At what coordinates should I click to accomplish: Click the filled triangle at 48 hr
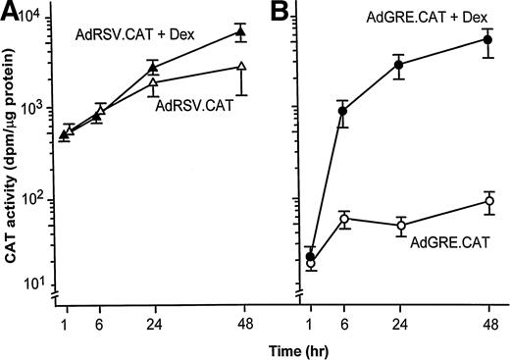click(241, 32)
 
